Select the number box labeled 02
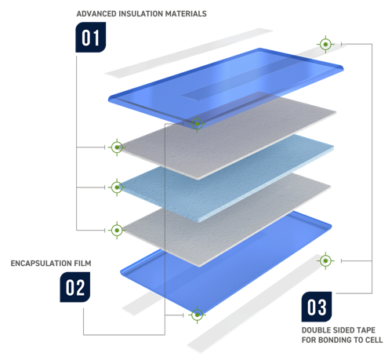pos(74,288)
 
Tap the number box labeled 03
pos(319,305)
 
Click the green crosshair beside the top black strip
pos(325,44)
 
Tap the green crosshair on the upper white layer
pos(116,147)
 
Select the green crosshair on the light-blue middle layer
pos(116,187)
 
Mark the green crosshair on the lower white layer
pos(116,230)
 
